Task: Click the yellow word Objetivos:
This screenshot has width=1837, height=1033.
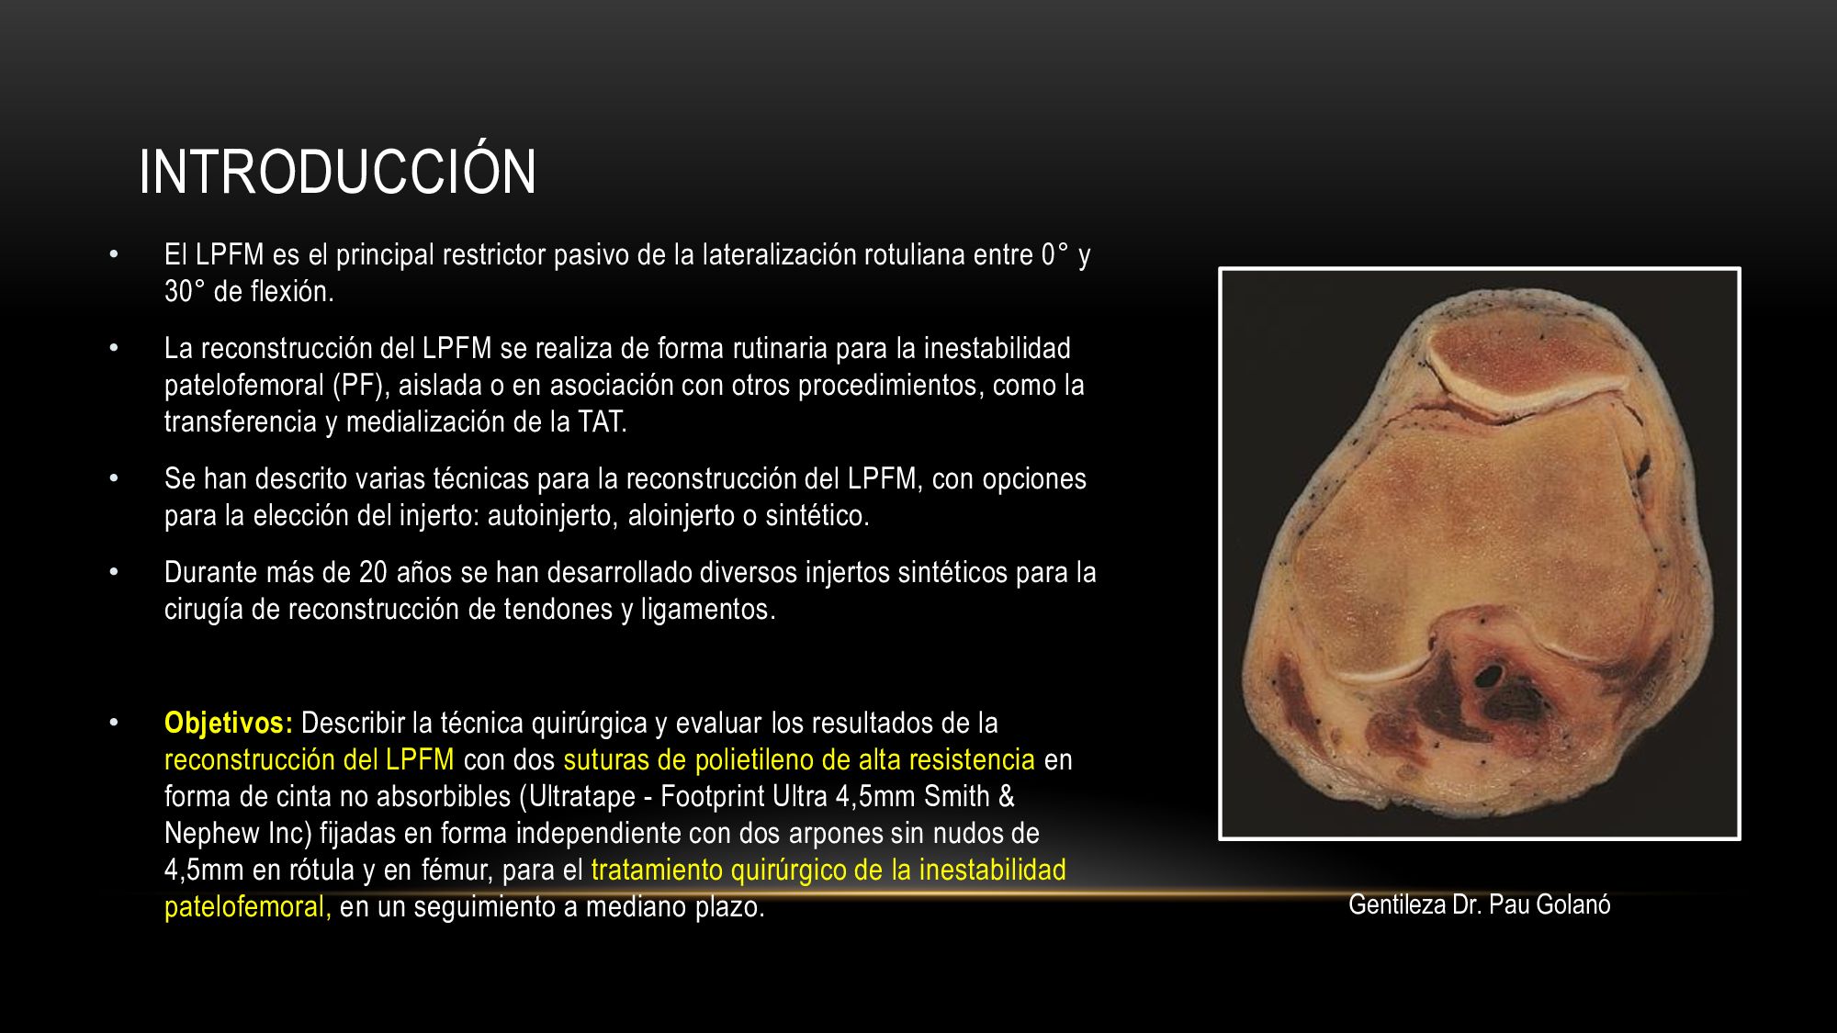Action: pos(229,724)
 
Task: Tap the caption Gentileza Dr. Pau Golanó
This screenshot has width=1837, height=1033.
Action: pos(1479,904)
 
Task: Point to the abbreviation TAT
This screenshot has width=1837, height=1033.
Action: pos(602,421)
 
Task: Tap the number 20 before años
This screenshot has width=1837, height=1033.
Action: pos(373,572)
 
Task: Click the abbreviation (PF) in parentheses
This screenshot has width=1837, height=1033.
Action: pos(357,385)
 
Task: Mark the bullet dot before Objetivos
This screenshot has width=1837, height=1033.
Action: pos(114,723)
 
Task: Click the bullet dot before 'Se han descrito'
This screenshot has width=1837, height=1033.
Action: pos(114,478)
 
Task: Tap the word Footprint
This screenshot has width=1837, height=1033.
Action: pos(713,797)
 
